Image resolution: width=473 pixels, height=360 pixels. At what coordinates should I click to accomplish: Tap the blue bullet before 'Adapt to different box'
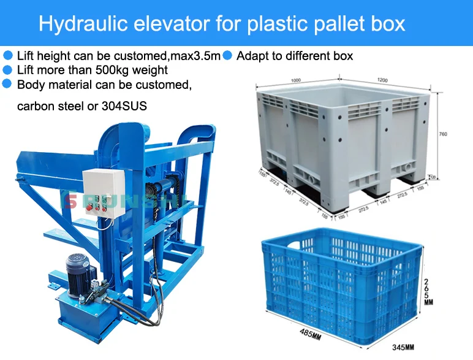pos(227,55)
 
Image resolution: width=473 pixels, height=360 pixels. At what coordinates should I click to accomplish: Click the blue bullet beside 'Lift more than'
pos(8,70)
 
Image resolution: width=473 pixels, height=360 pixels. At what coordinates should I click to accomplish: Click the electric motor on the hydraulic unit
pos(78,274)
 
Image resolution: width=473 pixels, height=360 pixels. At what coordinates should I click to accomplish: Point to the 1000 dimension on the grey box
pos(297,80)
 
